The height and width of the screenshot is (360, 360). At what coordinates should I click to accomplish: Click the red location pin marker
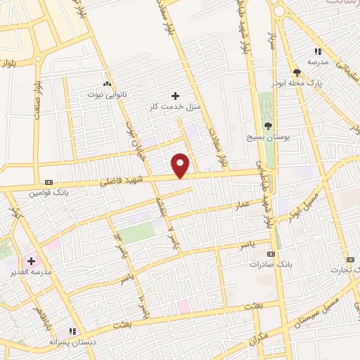click(x=181, y=165)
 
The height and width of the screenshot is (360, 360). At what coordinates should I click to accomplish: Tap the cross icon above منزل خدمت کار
click(x=175, y=95)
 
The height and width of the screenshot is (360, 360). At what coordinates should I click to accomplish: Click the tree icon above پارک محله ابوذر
click(x=298, y=72)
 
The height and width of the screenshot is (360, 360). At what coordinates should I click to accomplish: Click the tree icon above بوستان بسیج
click(x=267, y=126)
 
